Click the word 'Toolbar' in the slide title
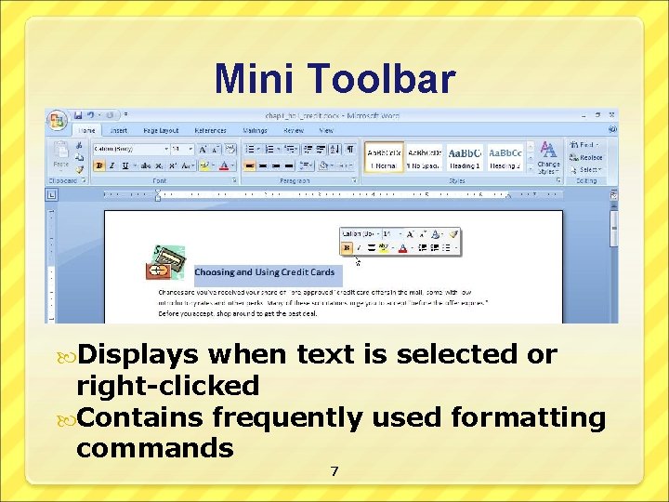tap(387, 79)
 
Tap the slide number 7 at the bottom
tap(334, 472)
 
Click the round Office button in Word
tap(59, 122)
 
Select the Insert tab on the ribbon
tap(119, 131)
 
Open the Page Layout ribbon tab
tap(161, 131)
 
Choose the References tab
tap(210, 131)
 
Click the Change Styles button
tap(548, 158)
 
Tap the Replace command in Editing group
tap(589, 157)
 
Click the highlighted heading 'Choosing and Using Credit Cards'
tap(265, 272)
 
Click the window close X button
tap(612, 115)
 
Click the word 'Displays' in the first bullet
tap(138, 354)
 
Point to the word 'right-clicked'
tap(167, 386)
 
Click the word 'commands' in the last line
tap(154, 448)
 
